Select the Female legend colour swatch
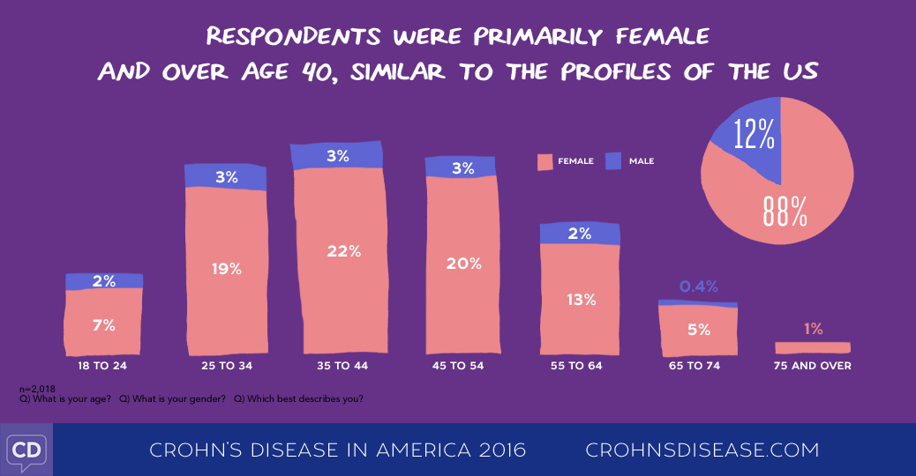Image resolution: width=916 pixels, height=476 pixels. coord(544,161)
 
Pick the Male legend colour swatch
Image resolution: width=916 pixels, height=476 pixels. coord(613,161)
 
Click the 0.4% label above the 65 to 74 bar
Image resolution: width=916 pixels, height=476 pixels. coord(699,286)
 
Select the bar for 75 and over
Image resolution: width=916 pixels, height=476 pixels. coord(813,347)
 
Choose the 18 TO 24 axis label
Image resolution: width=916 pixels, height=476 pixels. coord(103,365)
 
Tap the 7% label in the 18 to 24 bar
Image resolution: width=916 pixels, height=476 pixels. coord(104,325)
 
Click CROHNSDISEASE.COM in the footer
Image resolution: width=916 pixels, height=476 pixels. coord(702,450)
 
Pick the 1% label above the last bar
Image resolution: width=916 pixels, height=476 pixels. coord(813,329)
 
